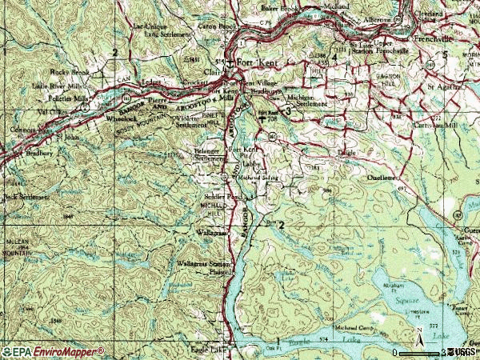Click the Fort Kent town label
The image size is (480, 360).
click(255, 66)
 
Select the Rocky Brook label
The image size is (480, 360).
click(66, 69)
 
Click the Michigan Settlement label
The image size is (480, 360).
click(307, 100)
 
